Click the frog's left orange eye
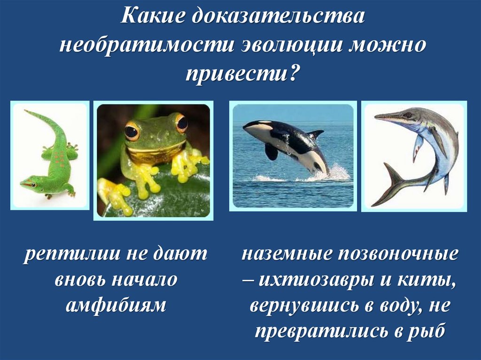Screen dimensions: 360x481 click(x=132, y=131)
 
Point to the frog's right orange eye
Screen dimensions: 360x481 click(x=182, y=123)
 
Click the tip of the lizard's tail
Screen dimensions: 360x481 click(x=26, y=112)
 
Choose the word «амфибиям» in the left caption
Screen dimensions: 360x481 click(x=116, y=306)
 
